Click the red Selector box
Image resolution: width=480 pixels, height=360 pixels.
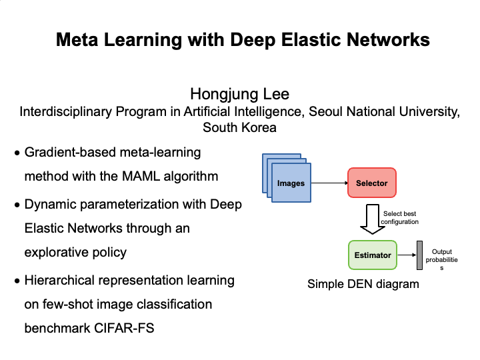coord(371,183)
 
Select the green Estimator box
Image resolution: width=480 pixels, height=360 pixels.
coord(372,255)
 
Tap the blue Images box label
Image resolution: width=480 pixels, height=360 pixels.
coord(291,183)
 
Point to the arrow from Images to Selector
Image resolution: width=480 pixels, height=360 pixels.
coord(329,183)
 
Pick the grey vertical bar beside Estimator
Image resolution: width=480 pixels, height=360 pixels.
coord(419,255)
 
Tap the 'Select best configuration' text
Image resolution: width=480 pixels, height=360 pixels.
coord(400,217)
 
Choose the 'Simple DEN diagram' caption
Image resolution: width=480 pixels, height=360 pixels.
coord(363,284)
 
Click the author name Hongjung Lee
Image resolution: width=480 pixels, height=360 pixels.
coord(239,93)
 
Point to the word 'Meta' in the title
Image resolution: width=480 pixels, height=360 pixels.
coord(79,40)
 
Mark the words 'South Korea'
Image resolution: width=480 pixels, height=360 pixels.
coord(239,127)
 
